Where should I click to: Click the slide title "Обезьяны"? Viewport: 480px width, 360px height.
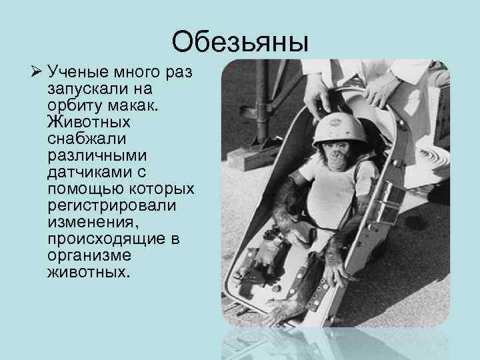(240, 42)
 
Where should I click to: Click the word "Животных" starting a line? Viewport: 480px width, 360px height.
(89, 123)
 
